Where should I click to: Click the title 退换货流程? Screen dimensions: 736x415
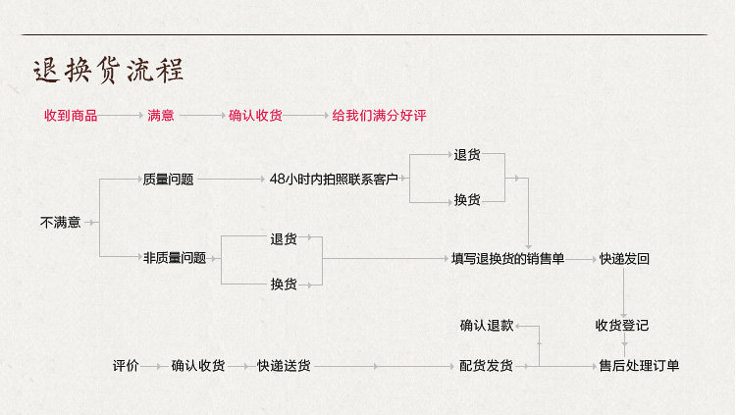[x=108, y=72]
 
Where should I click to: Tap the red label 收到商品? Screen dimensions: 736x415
[x=71, y=116]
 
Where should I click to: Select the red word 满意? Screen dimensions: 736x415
[x=161, y=116]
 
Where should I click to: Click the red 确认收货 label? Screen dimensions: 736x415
[x=255, y=116]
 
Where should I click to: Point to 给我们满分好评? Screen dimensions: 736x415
[x=379, y=116]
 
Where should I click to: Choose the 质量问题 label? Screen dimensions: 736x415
[x=168, y=180]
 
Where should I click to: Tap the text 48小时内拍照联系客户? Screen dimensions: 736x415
[x=334, y=180]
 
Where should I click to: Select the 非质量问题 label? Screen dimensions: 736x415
[x=175, y=259]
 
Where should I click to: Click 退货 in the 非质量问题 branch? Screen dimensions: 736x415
[x=284, y=238]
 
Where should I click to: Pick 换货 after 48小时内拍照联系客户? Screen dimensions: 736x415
[x=467, y=200]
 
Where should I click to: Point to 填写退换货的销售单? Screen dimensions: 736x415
[x=507, y=259]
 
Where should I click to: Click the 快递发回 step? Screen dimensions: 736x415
[x=624, y=259]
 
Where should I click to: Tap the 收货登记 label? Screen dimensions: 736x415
[x=621, y=325]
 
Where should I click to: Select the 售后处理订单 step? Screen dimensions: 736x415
[x=639, y=366]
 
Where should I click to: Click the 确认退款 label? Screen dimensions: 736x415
[x=487, y=325]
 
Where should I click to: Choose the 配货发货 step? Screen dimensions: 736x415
[x=486, y=366]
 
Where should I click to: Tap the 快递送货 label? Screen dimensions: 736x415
[x=284, y=366]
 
